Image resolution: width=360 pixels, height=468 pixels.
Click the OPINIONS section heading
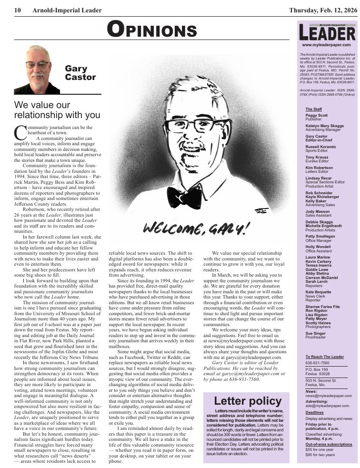click(151, 30)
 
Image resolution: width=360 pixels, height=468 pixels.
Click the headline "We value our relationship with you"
click(57, 110)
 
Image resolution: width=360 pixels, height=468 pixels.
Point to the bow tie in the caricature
click(185, 196)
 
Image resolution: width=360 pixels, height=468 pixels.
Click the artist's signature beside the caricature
click(261, 209)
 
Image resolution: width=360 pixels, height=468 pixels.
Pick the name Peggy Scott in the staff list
click(316, 115)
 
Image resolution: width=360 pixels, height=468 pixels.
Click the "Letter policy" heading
click(248, 401)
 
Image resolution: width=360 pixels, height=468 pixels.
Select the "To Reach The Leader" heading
click(324, 357)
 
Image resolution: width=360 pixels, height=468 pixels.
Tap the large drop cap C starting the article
click(20, 131)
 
